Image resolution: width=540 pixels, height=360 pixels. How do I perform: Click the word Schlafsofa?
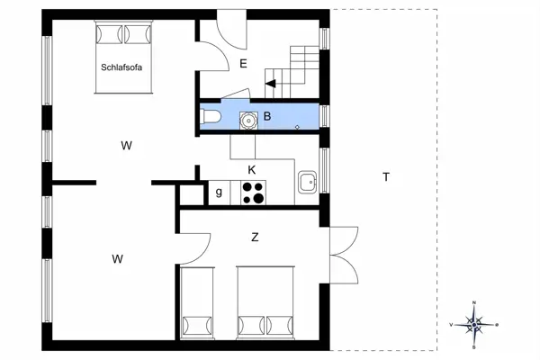(x=124, y=67)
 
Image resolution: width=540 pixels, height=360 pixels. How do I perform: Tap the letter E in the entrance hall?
(x=242, y=63)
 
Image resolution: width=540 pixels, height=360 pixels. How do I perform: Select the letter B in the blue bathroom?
(x=266, y=116)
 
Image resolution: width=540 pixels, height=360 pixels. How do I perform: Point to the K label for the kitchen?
(x=252, y=169)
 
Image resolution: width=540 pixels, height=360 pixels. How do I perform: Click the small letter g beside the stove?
(x=219, y=192)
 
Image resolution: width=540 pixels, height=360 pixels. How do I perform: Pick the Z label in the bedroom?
(x=255, y=238)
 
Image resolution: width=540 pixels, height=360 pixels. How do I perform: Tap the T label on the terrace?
(x=386, y=177)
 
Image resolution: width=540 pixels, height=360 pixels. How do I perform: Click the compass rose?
(x=474, y=323)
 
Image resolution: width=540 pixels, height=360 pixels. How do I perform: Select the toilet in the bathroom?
(x=208, y=116)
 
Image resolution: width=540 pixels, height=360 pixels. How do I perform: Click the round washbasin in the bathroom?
(x=247, y=118)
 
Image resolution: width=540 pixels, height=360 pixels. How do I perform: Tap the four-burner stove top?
(x=253, y=192)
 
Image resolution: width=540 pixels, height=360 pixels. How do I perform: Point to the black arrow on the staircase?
(x=270, y=84)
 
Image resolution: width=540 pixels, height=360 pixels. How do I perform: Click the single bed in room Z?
(x=197, y=303)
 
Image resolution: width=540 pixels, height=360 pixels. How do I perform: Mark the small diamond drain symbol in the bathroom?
(x=298, y=128)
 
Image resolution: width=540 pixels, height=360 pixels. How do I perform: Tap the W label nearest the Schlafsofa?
(x=127, y=145)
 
